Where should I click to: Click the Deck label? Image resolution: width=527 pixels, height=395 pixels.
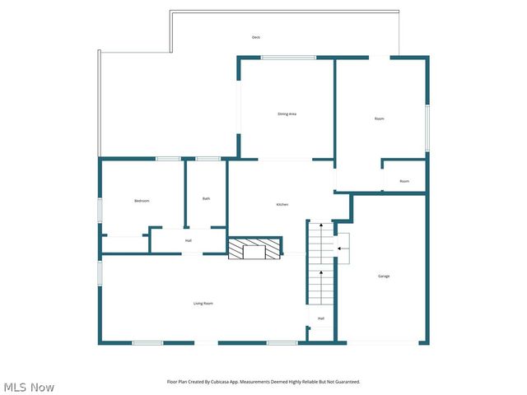256,38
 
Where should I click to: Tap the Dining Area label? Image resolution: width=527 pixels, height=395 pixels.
287,114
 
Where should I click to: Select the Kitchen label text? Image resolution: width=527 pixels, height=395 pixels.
282,204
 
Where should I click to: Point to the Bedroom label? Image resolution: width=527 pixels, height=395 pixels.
142,201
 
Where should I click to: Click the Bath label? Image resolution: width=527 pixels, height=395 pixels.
206,198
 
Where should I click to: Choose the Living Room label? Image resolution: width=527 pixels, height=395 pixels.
203,304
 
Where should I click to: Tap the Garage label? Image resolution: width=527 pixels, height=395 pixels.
384,276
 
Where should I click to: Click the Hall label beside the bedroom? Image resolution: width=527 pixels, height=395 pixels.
189,240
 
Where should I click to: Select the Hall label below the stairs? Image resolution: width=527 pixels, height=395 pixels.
320,318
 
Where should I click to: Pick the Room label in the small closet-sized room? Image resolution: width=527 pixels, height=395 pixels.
404,181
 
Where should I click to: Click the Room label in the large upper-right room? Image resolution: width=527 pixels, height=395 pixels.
379,118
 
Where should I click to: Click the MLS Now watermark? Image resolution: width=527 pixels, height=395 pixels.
29,387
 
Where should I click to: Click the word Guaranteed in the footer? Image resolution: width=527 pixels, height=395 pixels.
346,382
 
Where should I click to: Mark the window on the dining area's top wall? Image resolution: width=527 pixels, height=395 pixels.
288,57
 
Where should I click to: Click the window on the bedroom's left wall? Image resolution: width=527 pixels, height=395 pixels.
100,209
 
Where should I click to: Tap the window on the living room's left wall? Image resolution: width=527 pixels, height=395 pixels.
100,272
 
